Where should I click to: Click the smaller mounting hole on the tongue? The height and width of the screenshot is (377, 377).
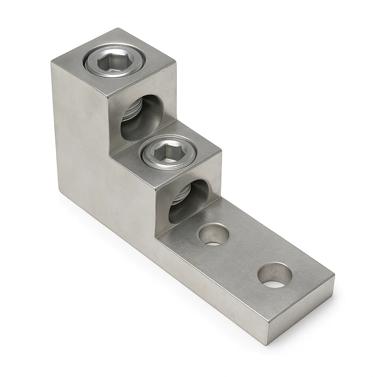(213, 235)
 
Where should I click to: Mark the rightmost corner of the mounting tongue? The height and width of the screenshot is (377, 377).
(334, 275)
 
